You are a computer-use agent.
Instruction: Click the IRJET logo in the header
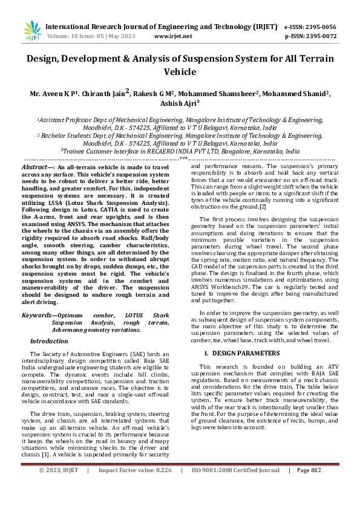pyautogui.click(x=33, y=30)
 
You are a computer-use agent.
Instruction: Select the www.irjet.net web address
pyautogui.click(x=173, y=36)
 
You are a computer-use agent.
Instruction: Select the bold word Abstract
pyautogui.click(x=36, y=166)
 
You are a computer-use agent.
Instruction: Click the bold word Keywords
pyautogui.click(x=36, y=316)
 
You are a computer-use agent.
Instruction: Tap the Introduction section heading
pyautogui.click(x=49, y=341)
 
